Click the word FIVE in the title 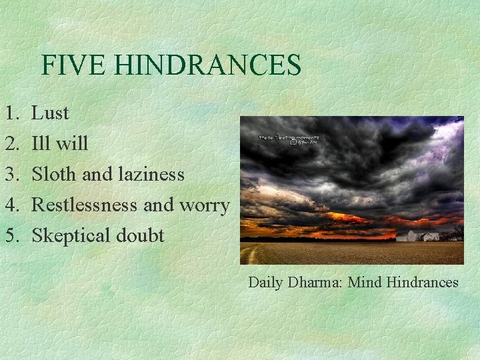74,65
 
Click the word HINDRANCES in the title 207,65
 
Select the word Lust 50,113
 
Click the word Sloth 54,175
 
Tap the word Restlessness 85,205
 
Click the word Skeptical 70,236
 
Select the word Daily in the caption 266,283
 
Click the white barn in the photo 417,235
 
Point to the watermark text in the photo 287,139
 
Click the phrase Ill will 59,144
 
